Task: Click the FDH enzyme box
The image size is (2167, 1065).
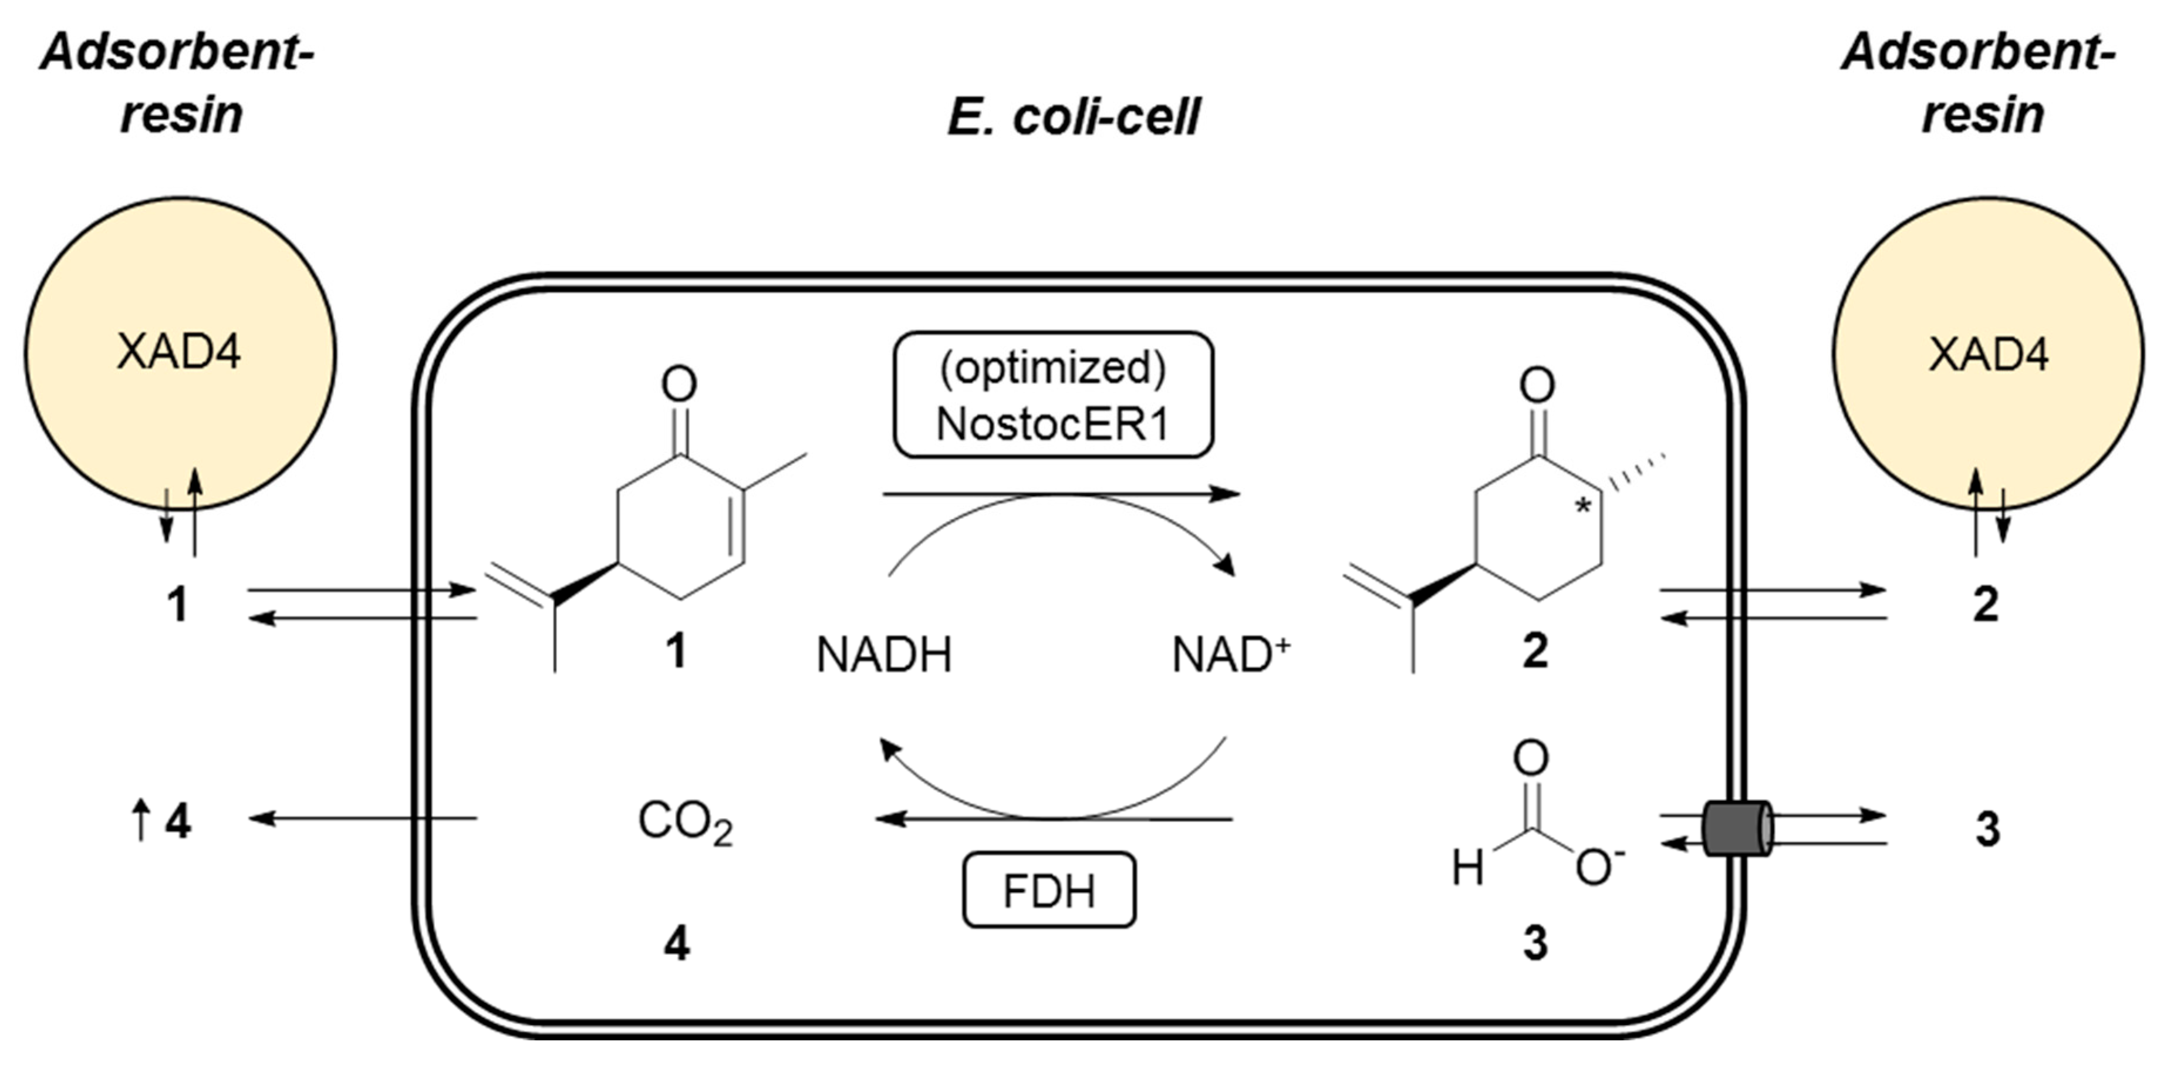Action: (x=1048, y=891)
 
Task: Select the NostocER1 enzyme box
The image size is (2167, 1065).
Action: (x=1052, y=395)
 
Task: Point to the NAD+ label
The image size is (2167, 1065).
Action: (x=1230, y=655)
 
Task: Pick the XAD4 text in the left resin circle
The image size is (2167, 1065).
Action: (x=178, y=352)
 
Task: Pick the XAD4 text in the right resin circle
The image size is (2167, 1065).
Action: (x=1988, y=354)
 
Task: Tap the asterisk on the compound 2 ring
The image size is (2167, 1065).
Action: (x=1583, y=507)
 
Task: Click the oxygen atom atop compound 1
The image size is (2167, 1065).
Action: (x=679, y=385)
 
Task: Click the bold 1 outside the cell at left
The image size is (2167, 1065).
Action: (x=177, y=605)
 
